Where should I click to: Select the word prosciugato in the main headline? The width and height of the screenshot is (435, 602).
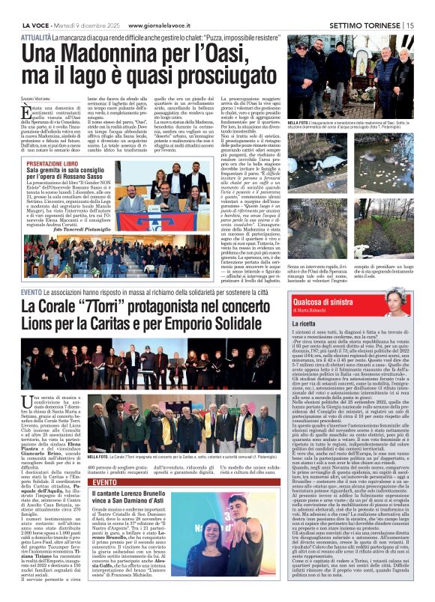[202, 79]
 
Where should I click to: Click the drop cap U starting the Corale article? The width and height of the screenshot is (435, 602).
[28, 400]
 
